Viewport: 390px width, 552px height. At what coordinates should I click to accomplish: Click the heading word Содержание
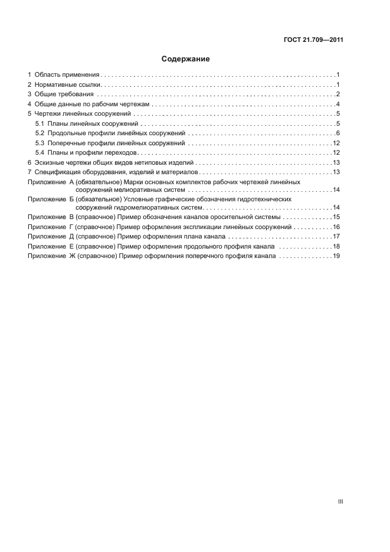point(186,59)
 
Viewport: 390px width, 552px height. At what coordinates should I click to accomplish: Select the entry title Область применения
point(67,75)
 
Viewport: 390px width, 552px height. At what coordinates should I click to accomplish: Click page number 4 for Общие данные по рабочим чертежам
point(337,104)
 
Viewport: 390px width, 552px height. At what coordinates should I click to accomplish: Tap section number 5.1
point(40,123)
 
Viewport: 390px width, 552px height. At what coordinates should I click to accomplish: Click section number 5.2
point(40,133)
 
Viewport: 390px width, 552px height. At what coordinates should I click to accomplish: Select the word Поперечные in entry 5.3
point(65,143)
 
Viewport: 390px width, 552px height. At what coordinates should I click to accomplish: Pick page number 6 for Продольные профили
point(337,133)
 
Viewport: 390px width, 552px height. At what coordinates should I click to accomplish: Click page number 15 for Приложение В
point(336,217)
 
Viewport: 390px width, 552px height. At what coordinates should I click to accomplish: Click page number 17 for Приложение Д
point(336,237)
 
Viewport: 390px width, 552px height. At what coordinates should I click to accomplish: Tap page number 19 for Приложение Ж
point(336,256)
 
